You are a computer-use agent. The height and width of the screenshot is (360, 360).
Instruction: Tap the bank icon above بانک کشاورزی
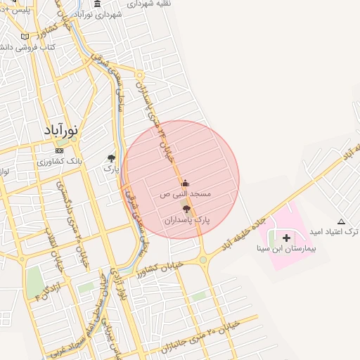tap(59, 150)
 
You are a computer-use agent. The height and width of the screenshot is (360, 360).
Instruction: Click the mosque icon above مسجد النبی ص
tap(186, 184)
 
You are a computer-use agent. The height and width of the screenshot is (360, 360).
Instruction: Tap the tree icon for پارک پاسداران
tap(186, 210)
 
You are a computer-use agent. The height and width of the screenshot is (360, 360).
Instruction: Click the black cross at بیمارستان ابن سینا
tap(286, 238)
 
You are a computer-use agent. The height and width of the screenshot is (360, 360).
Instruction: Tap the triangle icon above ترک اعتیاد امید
tap(341, 221)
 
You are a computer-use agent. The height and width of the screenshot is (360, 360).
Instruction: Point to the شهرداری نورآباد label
tap(97, 15)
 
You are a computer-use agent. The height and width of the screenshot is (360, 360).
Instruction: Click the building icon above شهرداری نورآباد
tap(97, 4)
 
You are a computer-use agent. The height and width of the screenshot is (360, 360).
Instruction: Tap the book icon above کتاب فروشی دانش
tap(25, 37)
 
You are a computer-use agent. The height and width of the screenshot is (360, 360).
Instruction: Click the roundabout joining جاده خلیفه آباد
tap(204, 259)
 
